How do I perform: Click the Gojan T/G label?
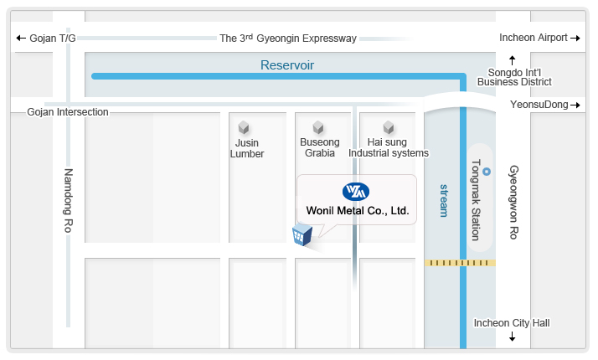click(53, 39)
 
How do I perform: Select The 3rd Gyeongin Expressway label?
click(288, 38)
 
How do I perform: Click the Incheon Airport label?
click(534, 38)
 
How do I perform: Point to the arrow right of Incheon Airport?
click(575, 38)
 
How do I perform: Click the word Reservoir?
click(286, 64)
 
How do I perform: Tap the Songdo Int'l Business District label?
click(514, 77)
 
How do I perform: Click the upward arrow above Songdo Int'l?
click(513, 59)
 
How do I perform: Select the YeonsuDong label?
click(539, 105)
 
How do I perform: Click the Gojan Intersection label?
click(68, 112)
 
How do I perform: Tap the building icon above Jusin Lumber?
click(245, 127)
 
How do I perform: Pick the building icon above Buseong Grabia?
click(318, 127)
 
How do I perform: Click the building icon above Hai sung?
click(389, 127)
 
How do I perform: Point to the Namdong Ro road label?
click(70, 201)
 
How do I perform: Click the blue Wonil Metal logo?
click(356, 192)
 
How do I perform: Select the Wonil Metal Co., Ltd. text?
click(357, 211)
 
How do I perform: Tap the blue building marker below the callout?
click(302, 236)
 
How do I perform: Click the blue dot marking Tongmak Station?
click(487, 172)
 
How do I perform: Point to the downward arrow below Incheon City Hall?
click(513, 337)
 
